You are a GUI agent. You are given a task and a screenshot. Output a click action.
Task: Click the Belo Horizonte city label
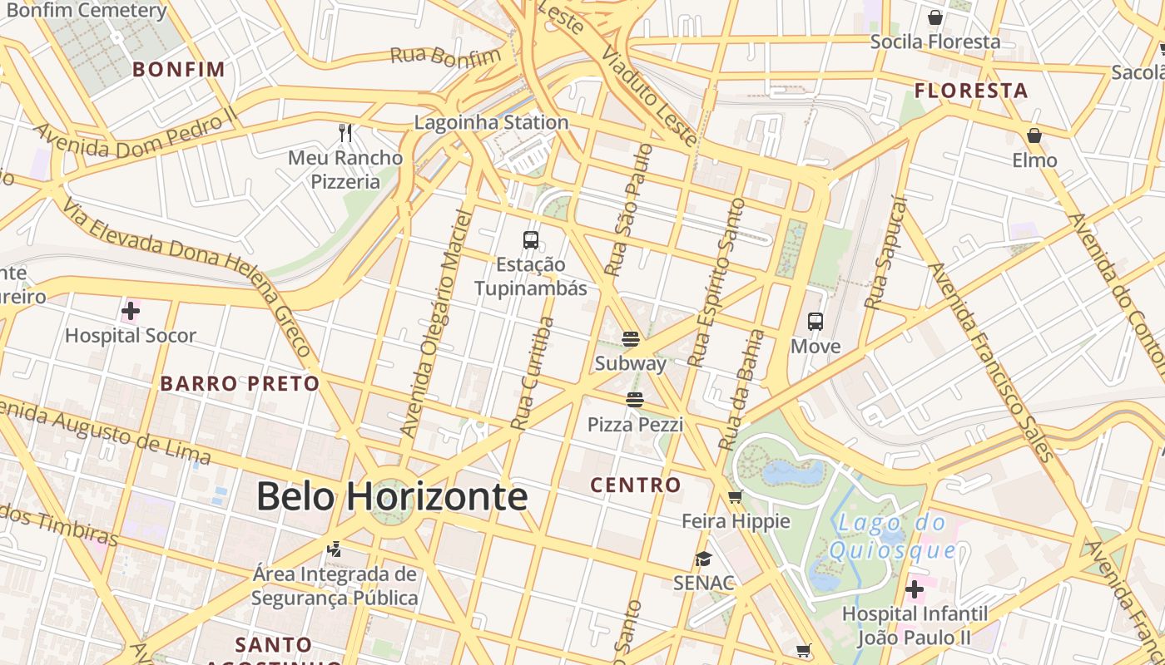(391, 496)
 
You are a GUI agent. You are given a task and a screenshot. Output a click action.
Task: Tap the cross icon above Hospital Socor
(131, 313)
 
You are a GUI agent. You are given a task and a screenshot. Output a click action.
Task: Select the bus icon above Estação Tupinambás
(531, 240)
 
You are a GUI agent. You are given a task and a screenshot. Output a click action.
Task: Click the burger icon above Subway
(631, 338)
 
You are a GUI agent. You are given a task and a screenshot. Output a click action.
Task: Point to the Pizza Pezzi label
(635, 425)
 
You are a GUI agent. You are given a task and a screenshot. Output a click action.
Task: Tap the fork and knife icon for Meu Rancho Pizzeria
(346, 132)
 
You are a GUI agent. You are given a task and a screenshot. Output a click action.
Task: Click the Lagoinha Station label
(491, 122)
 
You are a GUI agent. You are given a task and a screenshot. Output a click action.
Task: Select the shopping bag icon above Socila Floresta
(935, 17)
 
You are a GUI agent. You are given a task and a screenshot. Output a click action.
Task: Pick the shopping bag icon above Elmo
(1034, 135)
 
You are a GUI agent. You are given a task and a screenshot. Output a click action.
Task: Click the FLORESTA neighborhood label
(971, 91)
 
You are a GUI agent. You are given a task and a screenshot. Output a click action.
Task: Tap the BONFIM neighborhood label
(179, 69)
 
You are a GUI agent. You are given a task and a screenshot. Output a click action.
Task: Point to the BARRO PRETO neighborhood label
(240, 383)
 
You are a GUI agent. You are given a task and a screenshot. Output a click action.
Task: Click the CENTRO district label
(636, 485)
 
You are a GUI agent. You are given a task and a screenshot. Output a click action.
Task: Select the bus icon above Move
(815, 322)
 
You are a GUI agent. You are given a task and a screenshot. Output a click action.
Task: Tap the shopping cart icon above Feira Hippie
(735, 497)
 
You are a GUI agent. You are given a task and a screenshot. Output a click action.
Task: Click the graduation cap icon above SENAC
(704, 559)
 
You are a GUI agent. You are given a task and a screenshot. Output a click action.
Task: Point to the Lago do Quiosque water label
(892, 536)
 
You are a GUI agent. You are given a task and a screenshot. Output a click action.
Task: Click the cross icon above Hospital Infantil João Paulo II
(915, 590)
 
